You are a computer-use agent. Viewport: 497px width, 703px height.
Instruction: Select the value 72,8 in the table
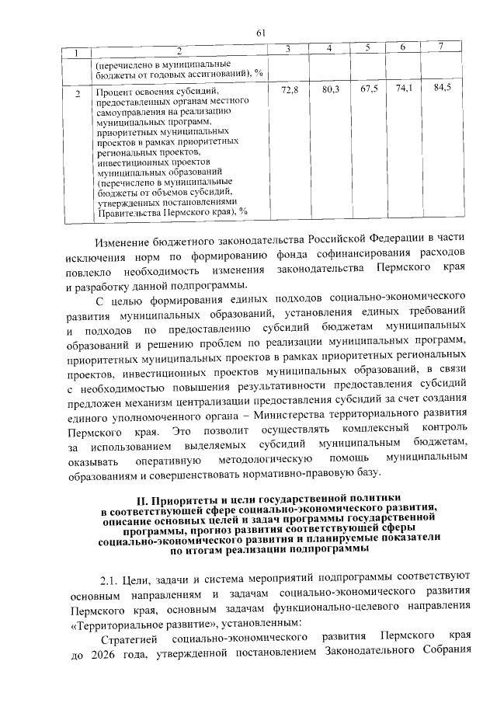point(289,91)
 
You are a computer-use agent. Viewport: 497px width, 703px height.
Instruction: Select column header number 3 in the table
point(288,50)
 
